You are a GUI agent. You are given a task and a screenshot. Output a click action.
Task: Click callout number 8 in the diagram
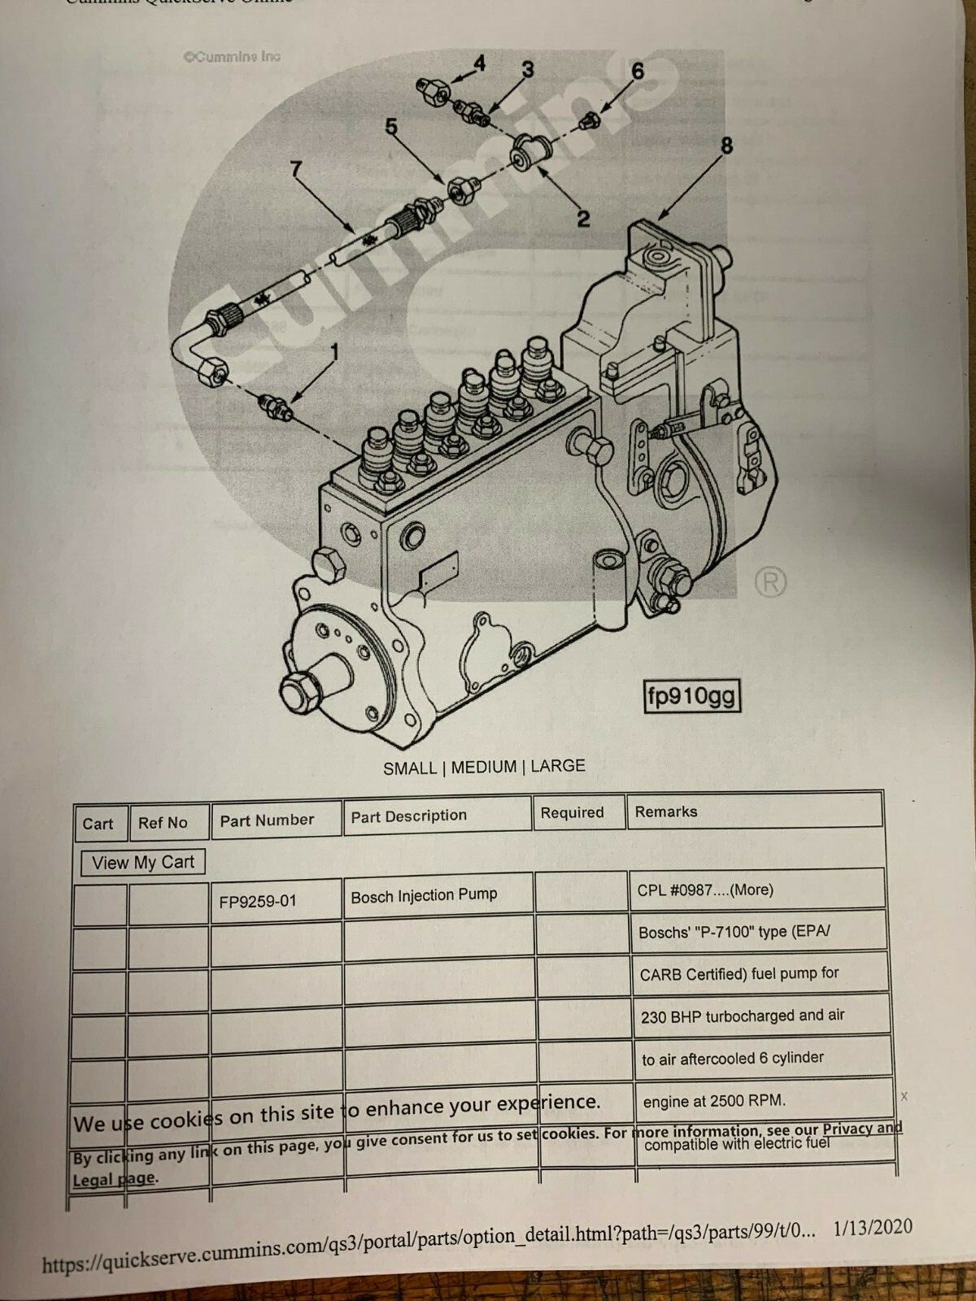coord(725,146)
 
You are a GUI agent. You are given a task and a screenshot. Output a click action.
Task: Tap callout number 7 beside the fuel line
coord(296,169)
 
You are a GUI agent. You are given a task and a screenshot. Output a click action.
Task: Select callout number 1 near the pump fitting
coord(333,351)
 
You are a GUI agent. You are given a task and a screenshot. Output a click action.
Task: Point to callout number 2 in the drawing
coord(583,218)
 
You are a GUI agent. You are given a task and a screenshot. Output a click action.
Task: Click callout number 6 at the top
coord(638,72)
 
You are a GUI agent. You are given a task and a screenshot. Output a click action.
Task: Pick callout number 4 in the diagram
coord(480,63)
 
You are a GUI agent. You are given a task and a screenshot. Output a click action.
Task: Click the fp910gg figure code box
coord(691,696)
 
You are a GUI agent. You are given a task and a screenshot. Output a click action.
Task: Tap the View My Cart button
coord(143,863)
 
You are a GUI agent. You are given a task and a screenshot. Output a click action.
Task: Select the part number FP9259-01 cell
coord(258,901)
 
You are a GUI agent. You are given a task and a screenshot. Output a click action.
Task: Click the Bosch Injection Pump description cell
coord(424,896)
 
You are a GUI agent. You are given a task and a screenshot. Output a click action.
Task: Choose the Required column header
coord(572,812)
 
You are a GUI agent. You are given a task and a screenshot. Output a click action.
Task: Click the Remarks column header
coord(666,811)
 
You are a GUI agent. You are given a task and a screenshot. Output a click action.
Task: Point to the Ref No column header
coord(163,823)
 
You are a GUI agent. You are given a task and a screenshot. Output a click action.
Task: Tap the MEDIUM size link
coord(484,767)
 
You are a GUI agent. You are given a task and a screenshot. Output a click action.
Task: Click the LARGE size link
coord(558,765)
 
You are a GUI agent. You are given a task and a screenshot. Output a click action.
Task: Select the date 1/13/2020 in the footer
coord(873,1228)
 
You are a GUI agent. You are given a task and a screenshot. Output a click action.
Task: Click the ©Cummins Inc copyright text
coord(232,57)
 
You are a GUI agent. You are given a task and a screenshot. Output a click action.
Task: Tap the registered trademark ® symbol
coord(770,582)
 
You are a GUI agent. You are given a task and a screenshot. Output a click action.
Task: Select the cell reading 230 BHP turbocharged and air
coord(743,1016)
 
